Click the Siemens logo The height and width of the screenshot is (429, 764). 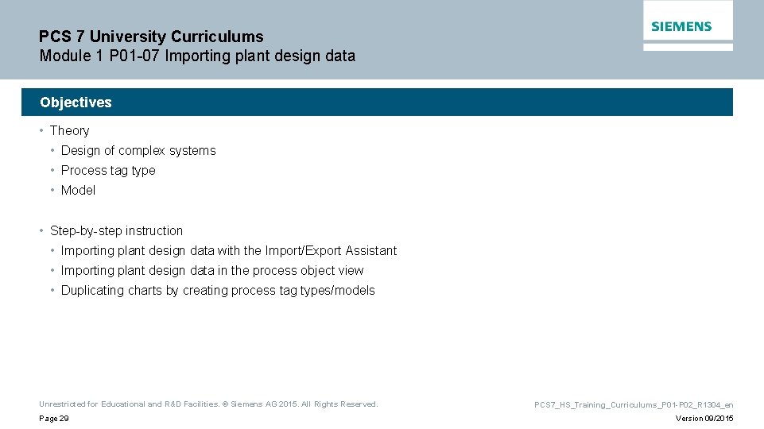click(x=681, y=26)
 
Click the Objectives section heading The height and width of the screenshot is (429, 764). click(x=76, y=102)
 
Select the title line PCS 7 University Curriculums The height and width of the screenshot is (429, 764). click(x=151, y=37)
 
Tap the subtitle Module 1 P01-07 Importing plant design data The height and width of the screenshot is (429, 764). click(x=197, y=56)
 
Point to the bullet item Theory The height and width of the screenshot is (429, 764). click(x=69, y=131)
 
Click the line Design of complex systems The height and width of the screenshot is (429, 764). click(x=138, y=151)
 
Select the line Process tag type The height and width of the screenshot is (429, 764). click(x=108, y=171)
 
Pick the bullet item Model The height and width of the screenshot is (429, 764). click(x=78, y=191)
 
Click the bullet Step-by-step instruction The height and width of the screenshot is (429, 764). click(x=116, y=231)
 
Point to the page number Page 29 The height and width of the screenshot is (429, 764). click(x=53, y=419)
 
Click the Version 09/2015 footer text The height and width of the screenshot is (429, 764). click(x=704, y=419)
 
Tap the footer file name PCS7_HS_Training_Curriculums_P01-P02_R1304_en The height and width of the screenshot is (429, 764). click(x=634, y=405)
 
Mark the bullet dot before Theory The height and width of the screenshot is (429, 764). click(x=42, y=131)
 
